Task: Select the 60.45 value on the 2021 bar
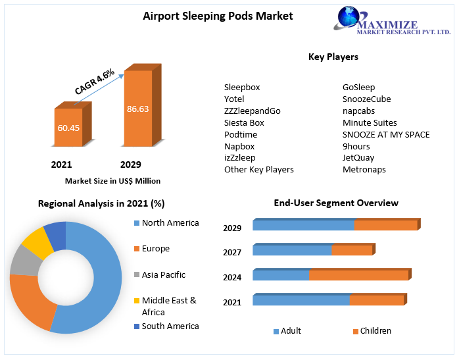pos(68,128)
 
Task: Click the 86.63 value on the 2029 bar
pos(137,109)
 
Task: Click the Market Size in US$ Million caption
pos(112,180)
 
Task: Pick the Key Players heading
pos(333,57)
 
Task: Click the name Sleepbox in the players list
pos(242,88)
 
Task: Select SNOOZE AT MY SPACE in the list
pos(386,135)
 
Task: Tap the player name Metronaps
pos(364,170)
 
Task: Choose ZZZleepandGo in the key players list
pos(252,111)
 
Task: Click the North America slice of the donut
pos(99,276)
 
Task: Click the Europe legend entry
pos(155,249)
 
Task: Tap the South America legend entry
pos(170,326)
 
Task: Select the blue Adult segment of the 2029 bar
pos(303,225)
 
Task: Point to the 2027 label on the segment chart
pos(232,253)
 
